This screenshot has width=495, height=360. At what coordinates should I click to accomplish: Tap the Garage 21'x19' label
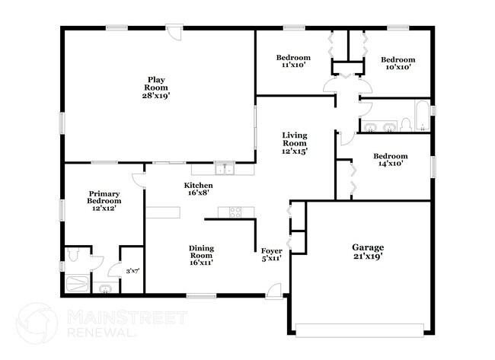click(x=367, y=252)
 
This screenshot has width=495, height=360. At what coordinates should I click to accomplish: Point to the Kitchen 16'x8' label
click(x=198, y=190)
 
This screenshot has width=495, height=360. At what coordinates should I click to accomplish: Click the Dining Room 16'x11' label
click(x=201, y=255)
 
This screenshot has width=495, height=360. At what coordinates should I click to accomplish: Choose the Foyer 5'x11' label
click(x=272, y=254)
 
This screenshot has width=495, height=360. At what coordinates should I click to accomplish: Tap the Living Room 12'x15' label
click(x=294, y=143)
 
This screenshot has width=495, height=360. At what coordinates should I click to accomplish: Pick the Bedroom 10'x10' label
click(x=398, y=63)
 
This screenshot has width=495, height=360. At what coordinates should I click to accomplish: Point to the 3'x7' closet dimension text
click(x=132, y=270)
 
